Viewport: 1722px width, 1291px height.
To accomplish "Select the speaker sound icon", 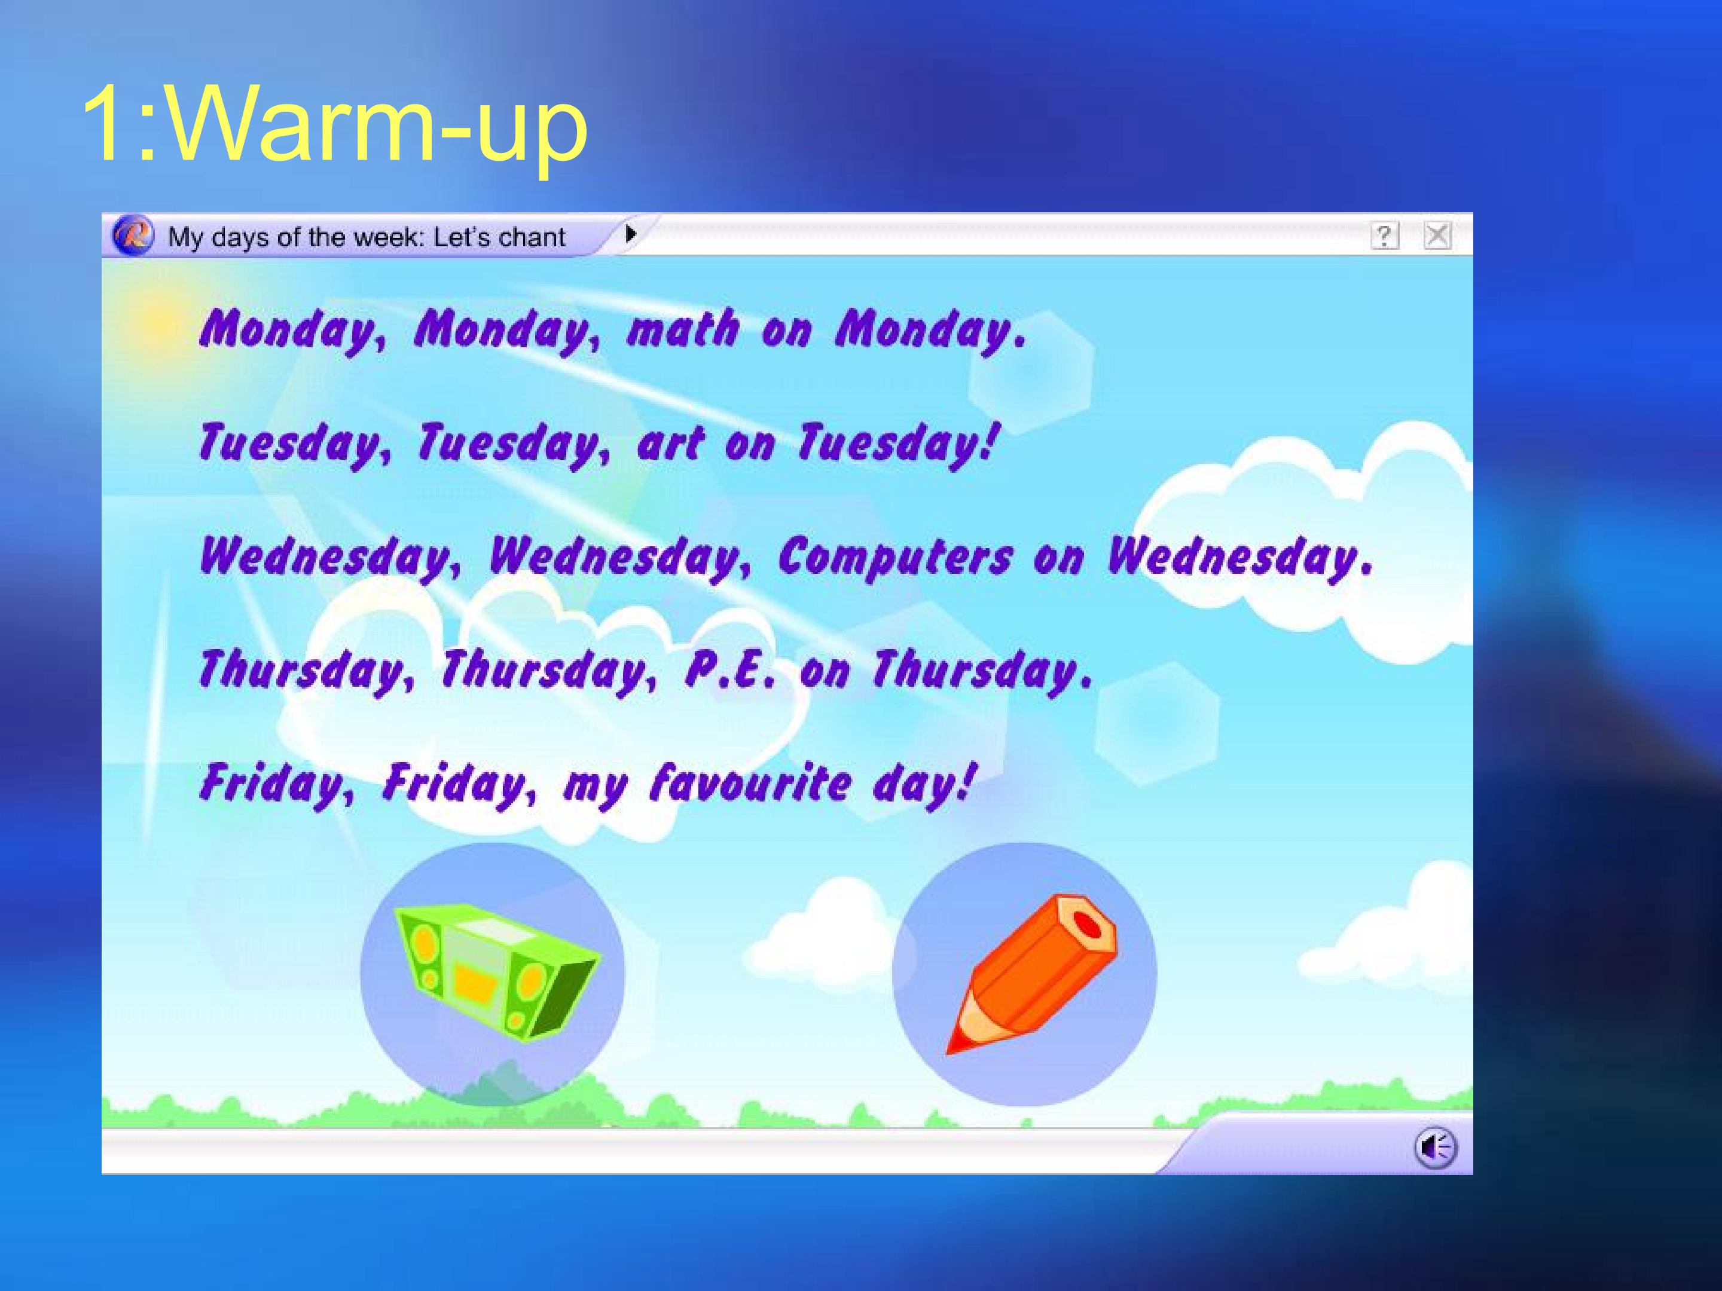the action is [x=1435, y=1148].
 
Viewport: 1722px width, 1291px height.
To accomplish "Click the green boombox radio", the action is [x=496, y=971].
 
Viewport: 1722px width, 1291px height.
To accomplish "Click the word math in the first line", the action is [x=683, y=328].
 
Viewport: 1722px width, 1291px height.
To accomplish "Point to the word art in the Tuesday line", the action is [x=670, y=443].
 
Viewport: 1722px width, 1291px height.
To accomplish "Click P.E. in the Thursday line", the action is [x=730, y=669].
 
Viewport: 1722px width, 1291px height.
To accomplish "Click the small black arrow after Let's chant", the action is [x=630, y=232].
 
